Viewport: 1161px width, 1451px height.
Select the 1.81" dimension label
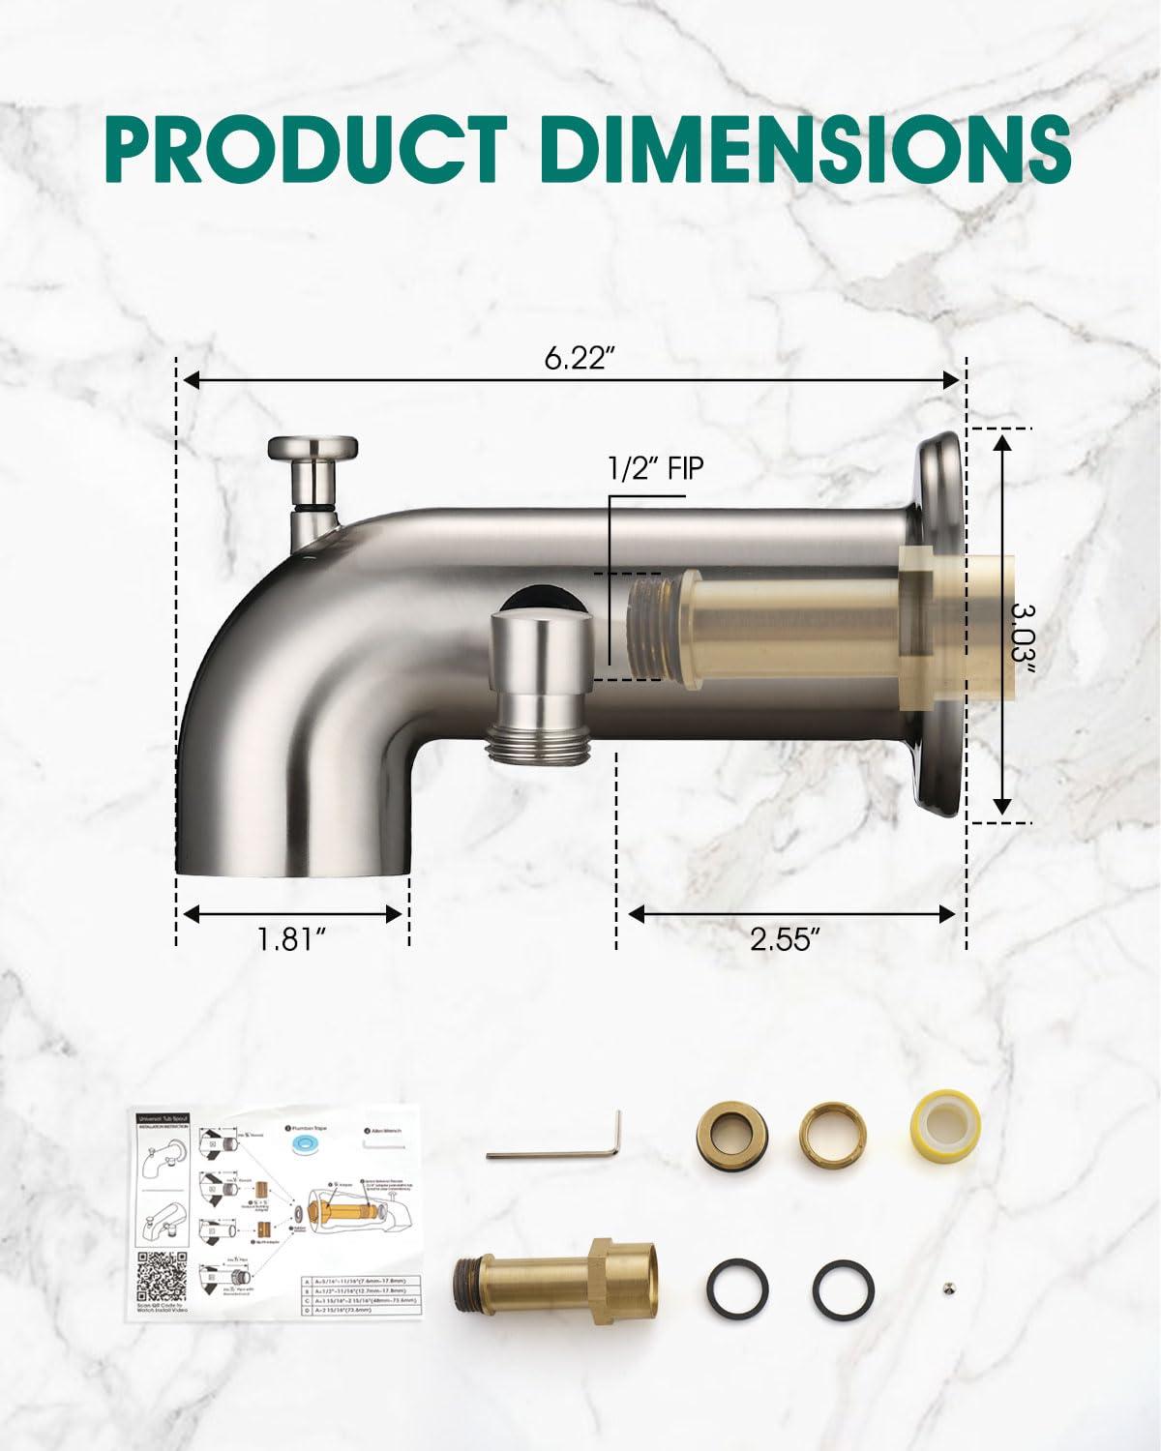[291, 939]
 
